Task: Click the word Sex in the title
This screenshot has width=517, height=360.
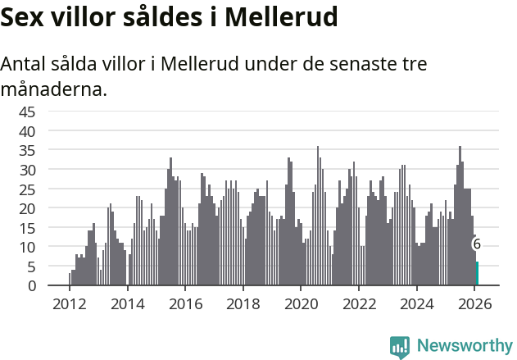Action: (25, 16)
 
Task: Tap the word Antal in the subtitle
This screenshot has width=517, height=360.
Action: (27, 64)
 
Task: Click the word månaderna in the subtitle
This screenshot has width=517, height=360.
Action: (54, 89)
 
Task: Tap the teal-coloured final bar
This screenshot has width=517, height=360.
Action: (478, 274)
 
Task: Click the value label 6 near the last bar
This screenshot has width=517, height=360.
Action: (476, 244)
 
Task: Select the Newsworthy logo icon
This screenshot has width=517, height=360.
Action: (400, 346)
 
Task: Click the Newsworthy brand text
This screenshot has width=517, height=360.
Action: (464, 346)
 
